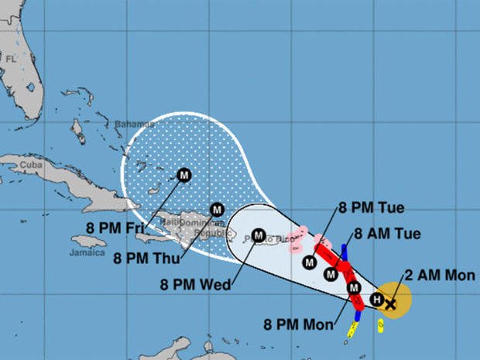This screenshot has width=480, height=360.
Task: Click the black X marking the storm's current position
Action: pyautogui.click(x=390, y=304)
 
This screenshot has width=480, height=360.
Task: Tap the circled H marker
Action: pyautogui.click(x=376, y=300)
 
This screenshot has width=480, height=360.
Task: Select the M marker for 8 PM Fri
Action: pyautogui.click(x=184, y=175)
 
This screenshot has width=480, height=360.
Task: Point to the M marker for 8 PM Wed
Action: pyautogui.click(x=258, y=234)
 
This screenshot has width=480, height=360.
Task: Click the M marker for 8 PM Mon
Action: pyautogui.click(x=355, y=289)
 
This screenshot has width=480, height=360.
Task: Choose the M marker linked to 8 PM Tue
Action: pyautogui.click(x=310, y=262)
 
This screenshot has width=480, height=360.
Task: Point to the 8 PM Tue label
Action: pyautogui.click(x=372, y=207)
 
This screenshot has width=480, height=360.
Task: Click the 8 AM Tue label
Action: pyautogui.click(x=386, y=234)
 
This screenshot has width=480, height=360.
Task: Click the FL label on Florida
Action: pyautogui.click(x=11, y=59)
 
